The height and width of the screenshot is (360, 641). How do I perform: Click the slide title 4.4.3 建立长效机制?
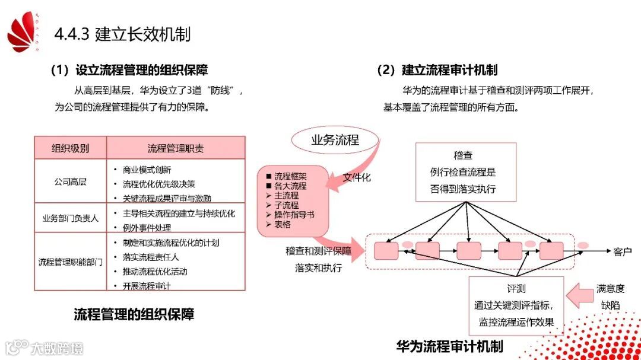click(x=122, y=34)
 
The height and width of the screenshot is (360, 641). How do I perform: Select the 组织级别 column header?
click(x=70, y=148)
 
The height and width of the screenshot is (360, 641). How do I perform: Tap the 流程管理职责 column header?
click(x=176, y=148)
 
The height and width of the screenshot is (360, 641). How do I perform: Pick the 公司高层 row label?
click(x=70, y=182)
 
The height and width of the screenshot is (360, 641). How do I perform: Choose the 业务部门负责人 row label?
click(x=70, y=218)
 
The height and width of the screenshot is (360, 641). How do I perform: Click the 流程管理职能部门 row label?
click(x=70, y=261)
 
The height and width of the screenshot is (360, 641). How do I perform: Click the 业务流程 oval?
click(x=335, y=141)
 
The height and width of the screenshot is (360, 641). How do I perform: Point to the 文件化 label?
click(x=357, y=177)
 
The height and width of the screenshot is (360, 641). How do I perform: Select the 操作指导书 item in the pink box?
click(x=294, y=215)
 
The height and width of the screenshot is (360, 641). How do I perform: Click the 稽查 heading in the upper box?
click(x=463, y=155)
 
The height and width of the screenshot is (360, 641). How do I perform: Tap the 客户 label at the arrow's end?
click(x=623, y=251)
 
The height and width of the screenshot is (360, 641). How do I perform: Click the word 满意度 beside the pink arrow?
click(x=610, y=289)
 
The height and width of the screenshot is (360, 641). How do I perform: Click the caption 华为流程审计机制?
click(x=449, y=346)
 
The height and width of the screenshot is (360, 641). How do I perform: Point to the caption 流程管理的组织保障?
click(x=134, y=314)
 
